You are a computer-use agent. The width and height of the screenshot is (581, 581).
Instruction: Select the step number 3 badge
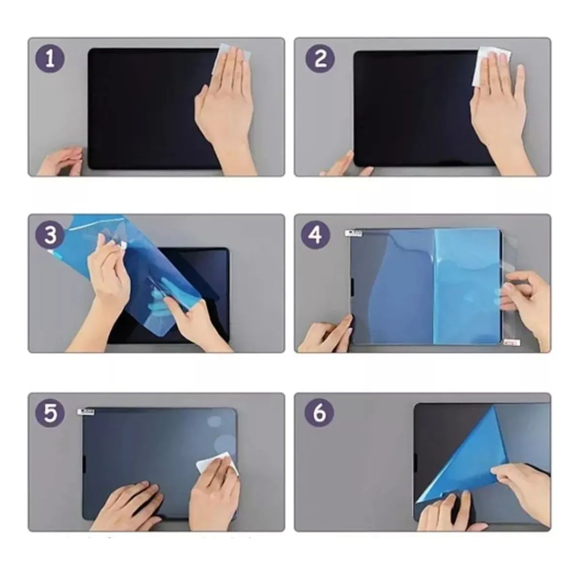tap(49, 236)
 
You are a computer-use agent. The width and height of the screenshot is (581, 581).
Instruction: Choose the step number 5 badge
tap(49, 413)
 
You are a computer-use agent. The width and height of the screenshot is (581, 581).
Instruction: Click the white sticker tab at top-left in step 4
tap(353, 234)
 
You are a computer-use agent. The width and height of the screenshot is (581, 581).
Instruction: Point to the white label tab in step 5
tap(87, 412)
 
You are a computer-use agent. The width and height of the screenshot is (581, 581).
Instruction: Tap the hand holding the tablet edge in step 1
tap(61, 161)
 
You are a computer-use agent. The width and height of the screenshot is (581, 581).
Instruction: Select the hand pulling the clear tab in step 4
tap(528, 295)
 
